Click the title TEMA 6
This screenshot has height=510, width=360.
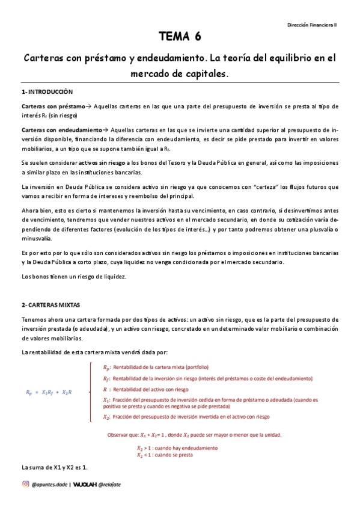[180, 38]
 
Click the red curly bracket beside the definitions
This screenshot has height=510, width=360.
[90, 392]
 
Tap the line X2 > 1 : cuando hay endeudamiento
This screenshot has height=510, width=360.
[177, 448]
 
